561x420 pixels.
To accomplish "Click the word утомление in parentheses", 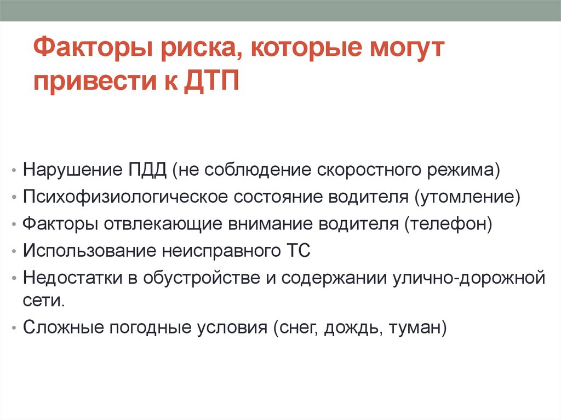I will [x=469, y=197].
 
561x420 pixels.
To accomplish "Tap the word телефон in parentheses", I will [x=448, y=224].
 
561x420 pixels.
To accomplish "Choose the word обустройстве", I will [x=199, y=279].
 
